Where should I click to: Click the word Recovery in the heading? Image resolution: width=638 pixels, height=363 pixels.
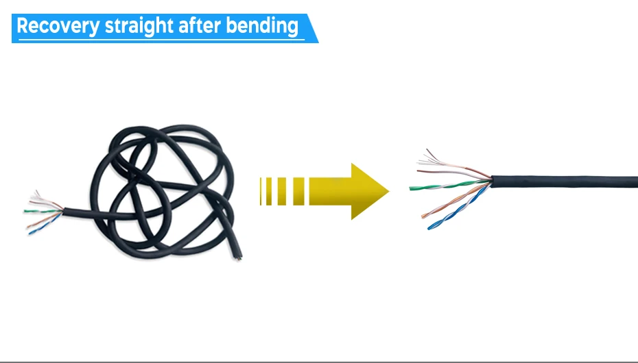pyautogui.click(x=58, y=26)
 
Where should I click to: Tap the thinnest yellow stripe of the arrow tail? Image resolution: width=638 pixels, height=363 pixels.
pyautogui.click(x=261, y=191)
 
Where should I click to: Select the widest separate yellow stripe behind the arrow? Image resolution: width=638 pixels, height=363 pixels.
pyautogui.click(x=298, y=191)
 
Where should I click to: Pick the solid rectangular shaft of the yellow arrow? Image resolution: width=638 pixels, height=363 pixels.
pyautogui.click(x=329, y=191)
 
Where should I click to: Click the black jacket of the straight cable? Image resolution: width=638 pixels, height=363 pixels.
pyautogui.click(x=563, y=182)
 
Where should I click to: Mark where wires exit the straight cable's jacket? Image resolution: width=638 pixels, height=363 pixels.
pyautogui.click(x=491, y=180)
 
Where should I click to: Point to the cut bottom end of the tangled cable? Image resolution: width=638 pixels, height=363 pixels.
pyautogui.click(x=239, y=258)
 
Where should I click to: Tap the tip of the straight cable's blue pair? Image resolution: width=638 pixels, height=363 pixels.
pyautogui.click(x=430, y=227)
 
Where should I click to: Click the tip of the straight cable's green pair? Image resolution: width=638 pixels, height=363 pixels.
pyautogui.click(x=412, y=188)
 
